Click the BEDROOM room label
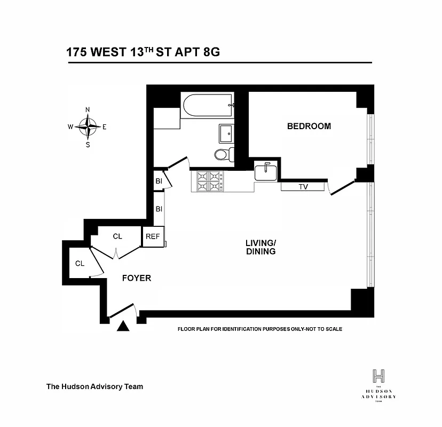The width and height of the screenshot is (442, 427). pyautogui.click(x=309, y=126)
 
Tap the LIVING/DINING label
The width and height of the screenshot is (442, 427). pyautogui.click(x=260, y=247)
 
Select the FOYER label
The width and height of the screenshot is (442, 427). pyautogui.click(x=137, y=278)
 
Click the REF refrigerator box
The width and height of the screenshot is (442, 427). pyautogui.click(x=153, y=237)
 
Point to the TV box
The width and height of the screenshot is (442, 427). pyautogui.click(x=303, y=187)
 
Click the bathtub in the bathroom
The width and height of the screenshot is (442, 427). pyautogui.click(x=207, y=105)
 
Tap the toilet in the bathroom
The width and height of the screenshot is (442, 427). pyautogui.click(x=223, y=154)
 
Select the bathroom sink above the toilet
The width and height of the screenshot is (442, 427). pyautogui.click(x=226, y=132)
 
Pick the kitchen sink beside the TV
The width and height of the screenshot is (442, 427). pyautogui.click(x=265, y=172)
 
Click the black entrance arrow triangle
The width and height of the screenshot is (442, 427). pyautogui.click(x=123, y=326)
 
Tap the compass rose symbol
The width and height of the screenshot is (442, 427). pyautogui.click(x=88, y=127)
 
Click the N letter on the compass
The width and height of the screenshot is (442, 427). pyautogui.click(x=88, y=110)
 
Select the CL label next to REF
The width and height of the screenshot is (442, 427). pyautogui.click(x=118, y=236)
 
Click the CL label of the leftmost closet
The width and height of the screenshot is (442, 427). pyautogui.click(x=80, y=263)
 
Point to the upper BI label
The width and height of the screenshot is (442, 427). pyautogui.click(x=159, y=181)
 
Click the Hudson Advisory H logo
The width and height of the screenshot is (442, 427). pyautogui.click(x=378, y=375)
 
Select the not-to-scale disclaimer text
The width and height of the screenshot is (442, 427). pyautogui.click(x=259, y=329)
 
